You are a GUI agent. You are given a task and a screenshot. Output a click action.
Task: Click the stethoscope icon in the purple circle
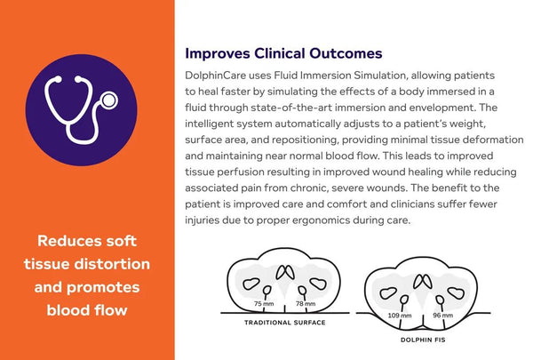pos(86,108)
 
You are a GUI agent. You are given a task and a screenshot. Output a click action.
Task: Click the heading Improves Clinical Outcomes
pos(283,54)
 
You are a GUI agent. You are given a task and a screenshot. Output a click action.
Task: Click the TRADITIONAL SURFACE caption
pos(285,323)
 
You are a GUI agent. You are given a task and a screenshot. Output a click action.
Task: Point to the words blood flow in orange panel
pos(87,310)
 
